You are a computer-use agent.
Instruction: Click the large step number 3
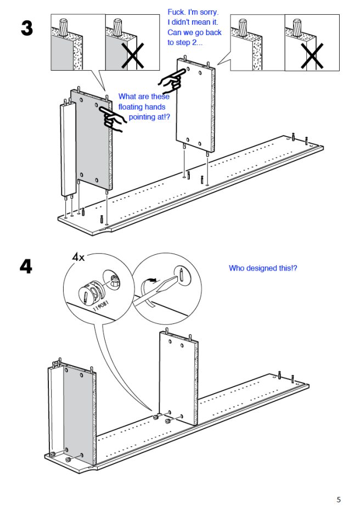coord(27,28)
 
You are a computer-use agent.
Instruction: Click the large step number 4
coord(26,266)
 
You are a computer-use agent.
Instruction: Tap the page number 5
coord(339,500)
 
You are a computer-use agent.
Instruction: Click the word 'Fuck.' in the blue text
coord(176,12)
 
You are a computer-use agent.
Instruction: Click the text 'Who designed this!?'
coord(263,268)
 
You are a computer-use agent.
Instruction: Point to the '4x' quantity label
coord(78,257)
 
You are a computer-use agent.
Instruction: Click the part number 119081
coord(100,306)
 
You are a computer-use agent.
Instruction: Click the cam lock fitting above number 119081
coord(91,290)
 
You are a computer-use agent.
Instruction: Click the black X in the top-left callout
coord(133,55)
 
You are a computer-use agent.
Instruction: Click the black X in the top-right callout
coord(312,56)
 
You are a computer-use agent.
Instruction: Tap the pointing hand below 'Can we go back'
coord(171,80)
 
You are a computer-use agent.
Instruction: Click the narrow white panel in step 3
coord(68,150)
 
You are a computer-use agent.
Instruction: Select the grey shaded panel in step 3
coord(90,138)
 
